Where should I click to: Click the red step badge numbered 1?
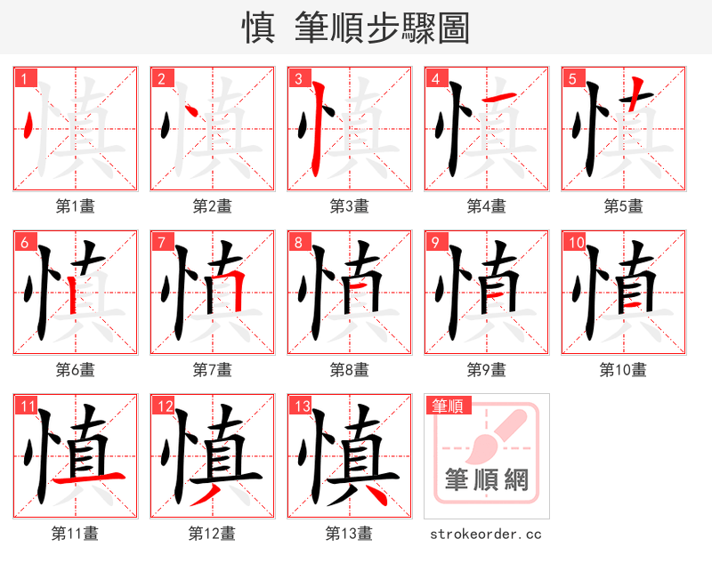24,78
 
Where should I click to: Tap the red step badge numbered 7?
161,242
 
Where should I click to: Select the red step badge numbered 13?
300,406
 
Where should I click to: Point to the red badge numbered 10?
575,242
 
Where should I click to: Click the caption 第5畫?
623,206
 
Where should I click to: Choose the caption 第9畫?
486,369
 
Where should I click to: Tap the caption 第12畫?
212,534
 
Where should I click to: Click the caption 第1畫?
75,206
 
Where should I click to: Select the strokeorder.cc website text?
486,535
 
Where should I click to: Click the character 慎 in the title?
258,28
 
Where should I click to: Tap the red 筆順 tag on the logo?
447,406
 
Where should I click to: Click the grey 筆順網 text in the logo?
487,480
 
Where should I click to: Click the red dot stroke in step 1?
30,125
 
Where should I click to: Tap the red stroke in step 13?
371,495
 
